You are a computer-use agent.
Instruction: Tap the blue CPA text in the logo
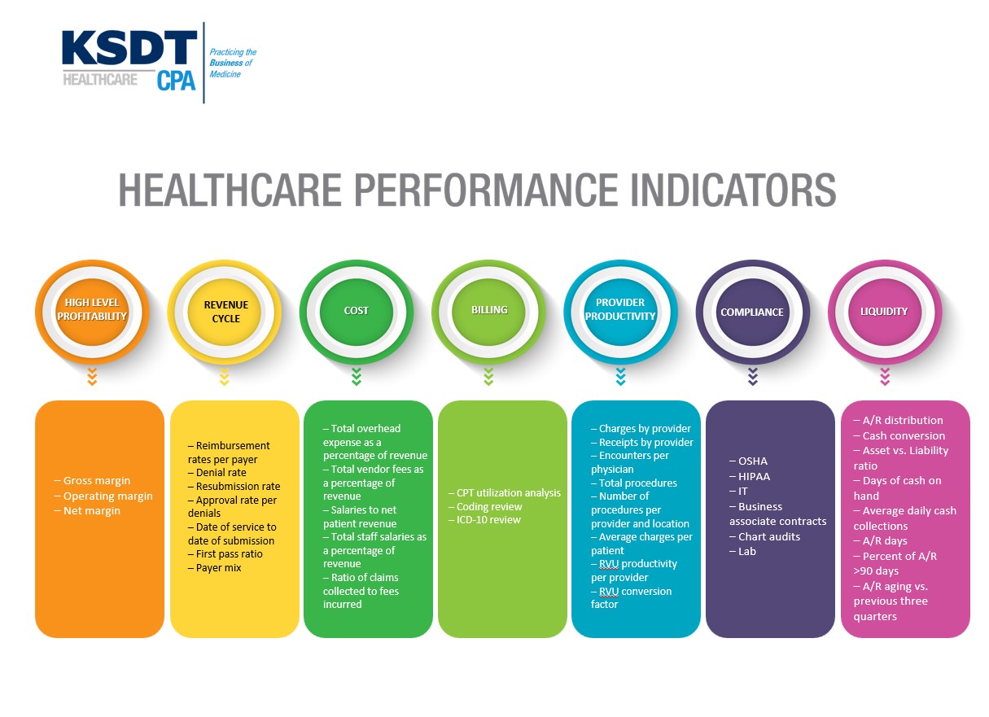(176, 81)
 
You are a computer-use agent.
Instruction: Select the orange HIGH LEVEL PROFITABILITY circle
(92, 312)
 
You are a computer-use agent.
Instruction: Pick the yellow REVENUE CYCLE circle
(225, 312)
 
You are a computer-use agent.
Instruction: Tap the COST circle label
(357, 311)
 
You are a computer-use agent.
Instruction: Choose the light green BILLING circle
(488, 312)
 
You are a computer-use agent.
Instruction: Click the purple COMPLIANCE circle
(753, 312)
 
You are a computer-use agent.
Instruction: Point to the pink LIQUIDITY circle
(885, 312)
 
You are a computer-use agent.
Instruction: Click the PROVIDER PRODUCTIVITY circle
(621, 312)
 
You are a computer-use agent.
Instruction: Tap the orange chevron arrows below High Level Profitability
(92, 377)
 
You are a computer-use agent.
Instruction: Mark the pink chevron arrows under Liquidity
(885, 377)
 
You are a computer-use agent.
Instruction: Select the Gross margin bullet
(92, 480)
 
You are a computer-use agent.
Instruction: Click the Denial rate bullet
(217, 472)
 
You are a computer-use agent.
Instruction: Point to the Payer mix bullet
(215, 568)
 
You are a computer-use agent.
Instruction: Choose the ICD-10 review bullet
(484, 520)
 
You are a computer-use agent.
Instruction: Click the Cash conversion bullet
(899, 435)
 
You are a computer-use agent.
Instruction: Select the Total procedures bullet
(634, 483)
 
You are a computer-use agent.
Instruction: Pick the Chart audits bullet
(764, 536)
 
